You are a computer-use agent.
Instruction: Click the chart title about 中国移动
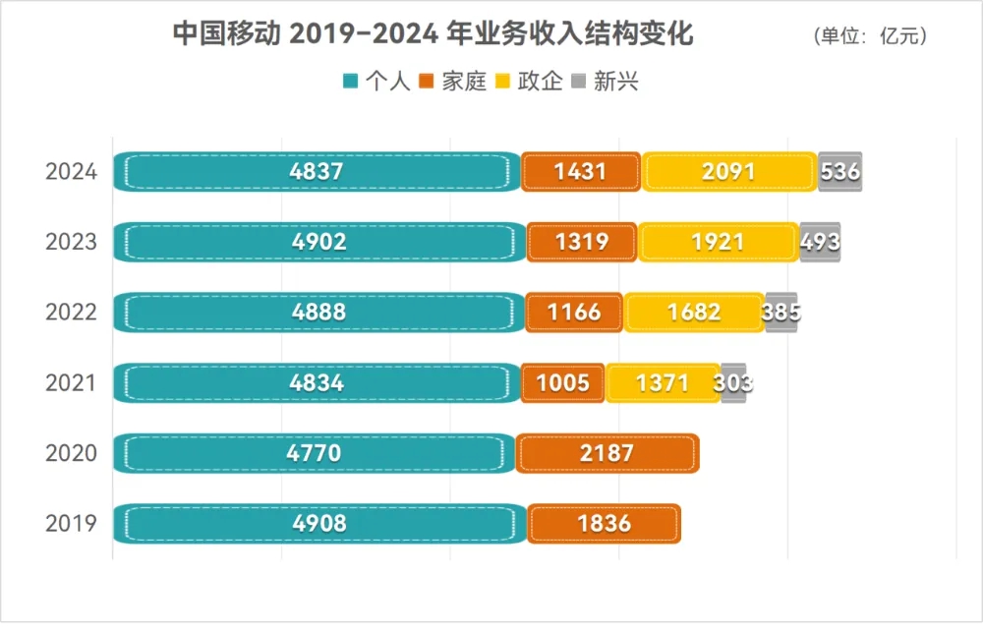pyautogui.click(x=434, y=34)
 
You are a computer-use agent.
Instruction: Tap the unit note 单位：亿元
pyautogui.click(x=870, y=36)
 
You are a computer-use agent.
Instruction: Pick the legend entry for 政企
pyautogui.click(x=530, y=82)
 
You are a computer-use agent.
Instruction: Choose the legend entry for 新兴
pyautogui.click(x=606, y=82)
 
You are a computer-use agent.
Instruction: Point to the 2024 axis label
pyautogui.click(x=71, y=172)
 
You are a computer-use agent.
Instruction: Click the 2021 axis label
pyautogui.click(x=71, y=382)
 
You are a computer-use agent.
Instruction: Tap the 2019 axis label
pyautogui.click(x=71, y=523)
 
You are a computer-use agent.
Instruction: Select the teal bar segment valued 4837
pyautogui.click(x=317, y=172)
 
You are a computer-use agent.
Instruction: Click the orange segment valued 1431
pyautogui.click(x=580, y=172)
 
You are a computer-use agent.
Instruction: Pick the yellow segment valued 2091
pyautogui.click(x=729, y=172)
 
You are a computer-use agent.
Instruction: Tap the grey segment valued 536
pyautogui.click(x=839, y=172)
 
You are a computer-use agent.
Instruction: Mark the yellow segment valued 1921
pyautogui.click(x=719, y=242)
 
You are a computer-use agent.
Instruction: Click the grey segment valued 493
pyautogui.click(x=820, y=242)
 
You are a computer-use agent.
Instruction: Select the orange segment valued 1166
pyautogui.click(x=574, y=313)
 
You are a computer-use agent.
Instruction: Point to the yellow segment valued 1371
pyautogui.click(x=663, y=382)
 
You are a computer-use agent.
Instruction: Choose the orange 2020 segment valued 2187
pyautogui.click(x=607, y=453)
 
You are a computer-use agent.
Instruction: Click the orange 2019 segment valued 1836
pyautogui.click(x=604, y=523)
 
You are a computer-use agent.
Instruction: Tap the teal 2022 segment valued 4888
pyautogui.click(x=318, y=313)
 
